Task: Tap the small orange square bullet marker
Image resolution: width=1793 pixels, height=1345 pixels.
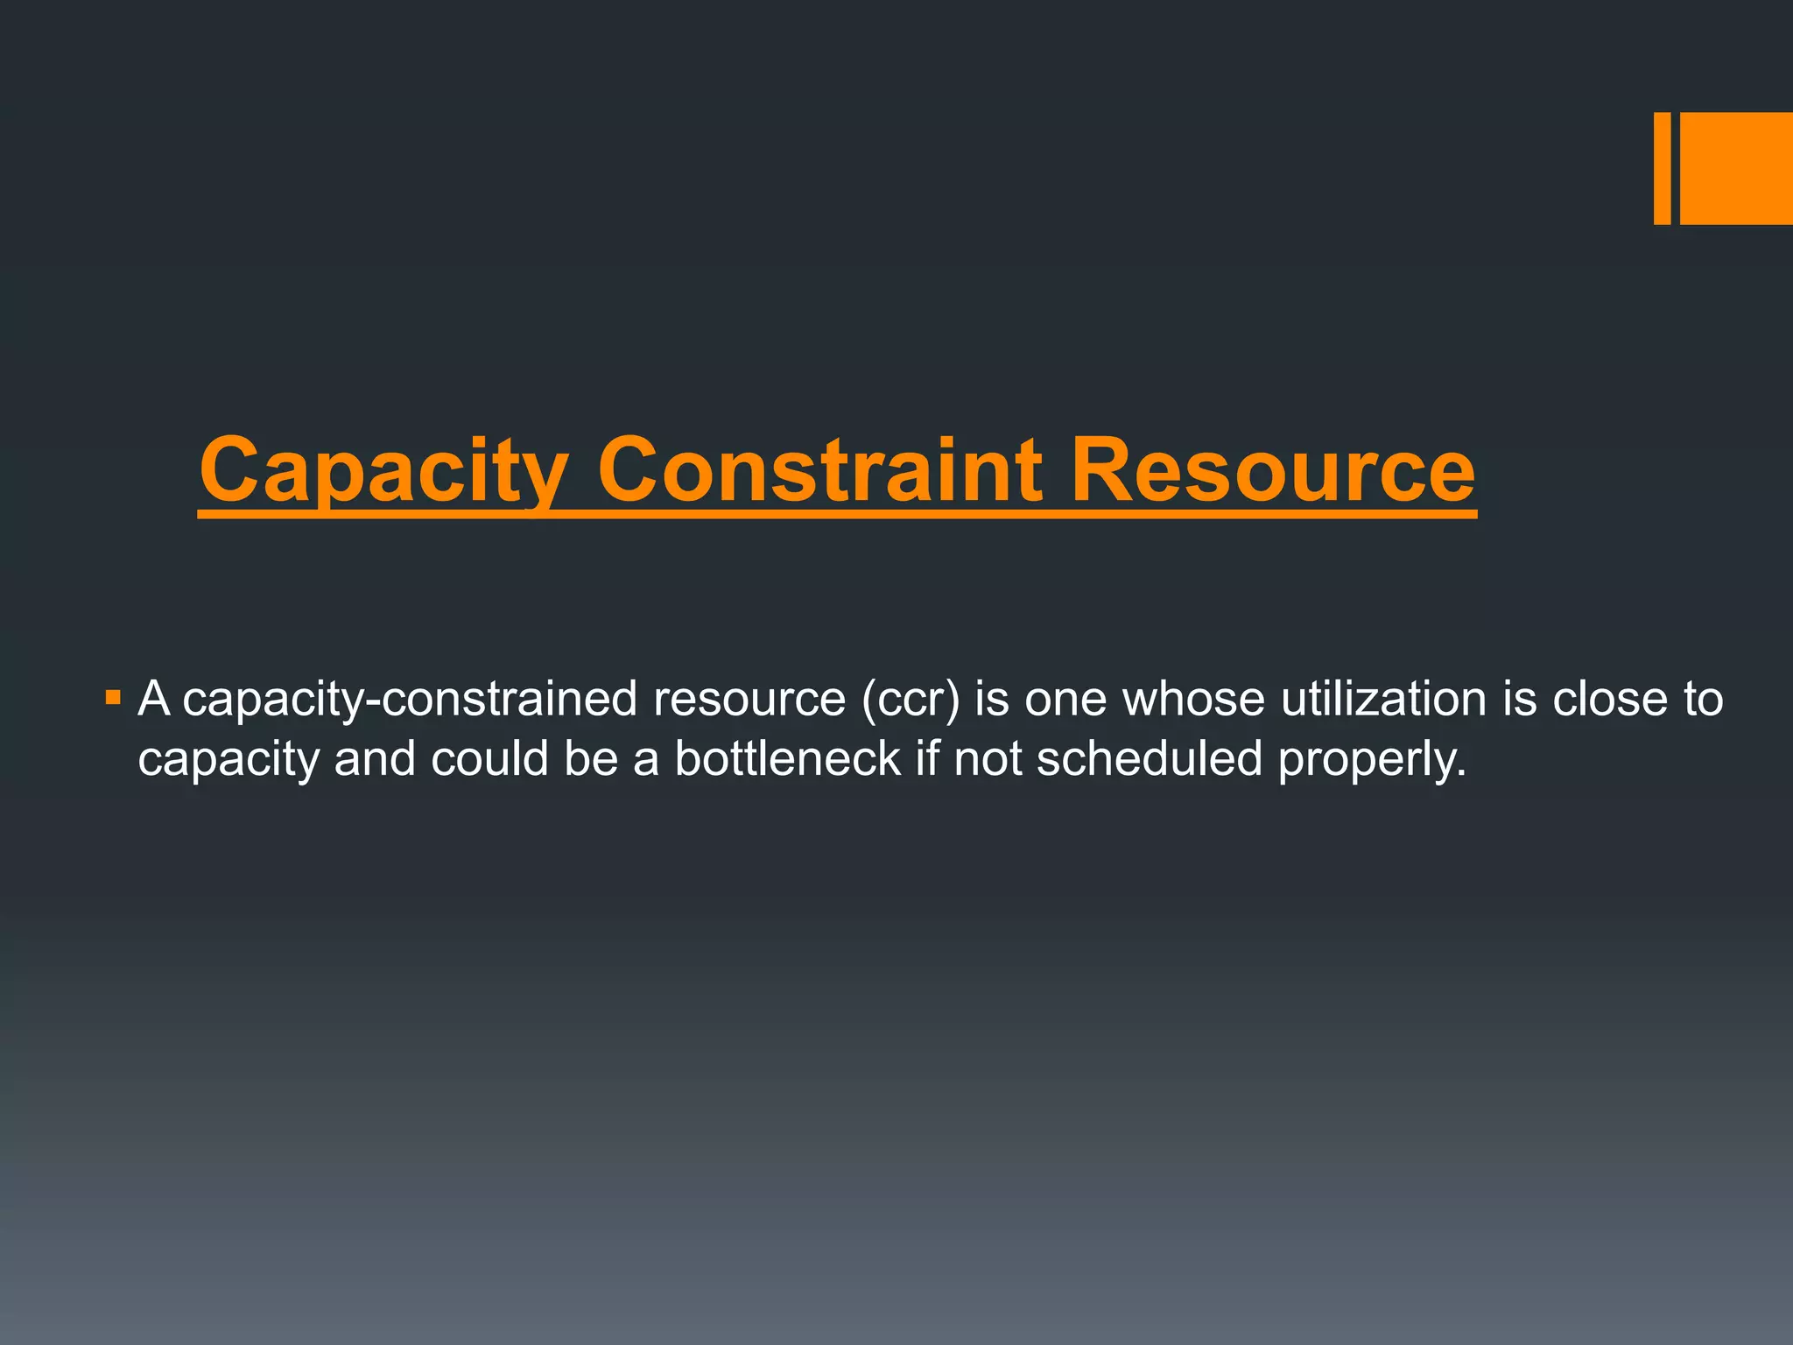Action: coord(112,698)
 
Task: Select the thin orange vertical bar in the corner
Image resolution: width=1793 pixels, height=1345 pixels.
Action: coord(1662,168)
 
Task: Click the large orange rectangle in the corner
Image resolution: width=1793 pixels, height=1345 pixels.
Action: coord(1736,168)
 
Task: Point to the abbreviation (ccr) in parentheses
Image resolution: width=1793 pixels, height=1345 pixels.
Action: coord(911,700)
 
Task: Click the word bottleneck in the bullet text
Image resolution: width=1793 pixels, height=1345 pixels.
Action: coord(787,758)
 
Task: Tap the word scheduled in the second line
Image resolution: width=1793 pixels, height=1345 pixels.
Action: coord(1149,758)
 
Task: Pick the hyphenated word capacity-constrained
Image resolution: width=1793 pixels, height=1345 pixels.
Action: coord(410,701)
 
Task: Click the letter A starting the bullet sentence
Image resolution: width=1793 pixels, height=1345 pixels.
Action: coord(154,699)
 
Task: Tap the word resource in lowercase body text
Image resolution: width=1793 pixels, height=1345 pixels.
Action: coord(749,701)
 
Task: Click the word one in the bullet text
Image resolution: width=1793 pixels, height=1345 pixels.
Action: coord(1065,701)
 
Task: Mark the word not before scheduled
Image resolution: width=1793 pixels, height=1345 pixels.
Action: coord(988,758)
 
